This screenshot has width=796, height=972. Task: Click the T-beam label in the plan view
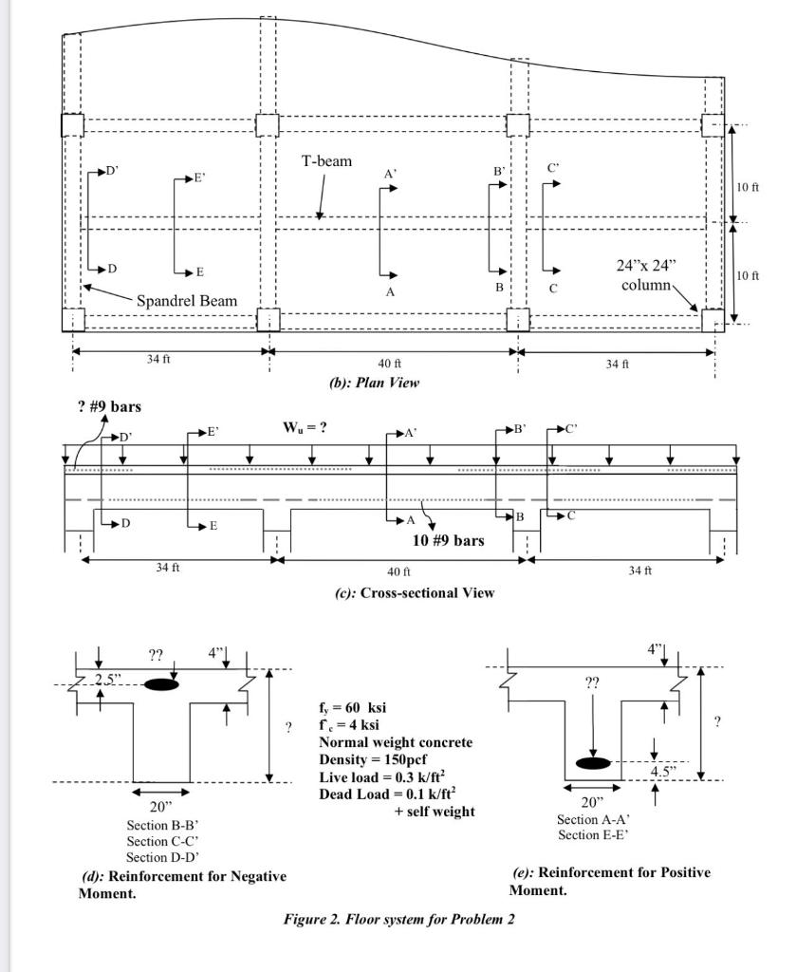[x=326, y=161]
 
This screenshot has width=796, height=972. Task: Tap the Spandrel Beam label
[x=187, y=301]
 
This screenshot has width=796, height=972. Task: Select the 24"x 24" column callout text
[x=648, y=274]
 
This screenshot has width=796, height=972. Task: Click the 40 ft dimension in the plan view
[x=390, y=364]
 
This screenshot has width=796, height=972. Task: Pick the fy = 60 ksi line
[x=352, y=708]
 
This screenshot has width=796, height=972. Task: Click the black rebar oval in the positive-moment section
[x=594, y=762]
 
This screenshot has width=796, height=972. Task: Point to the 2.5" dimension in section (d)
[x=110, y=679]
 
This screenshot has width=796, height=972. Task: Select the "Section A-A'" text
[x=594, y=819]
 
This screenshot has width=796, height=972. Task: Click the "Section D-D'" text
[x=163, y=856]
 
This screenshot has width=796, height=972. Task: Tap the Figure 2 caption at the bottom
[x=398, y=919]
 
